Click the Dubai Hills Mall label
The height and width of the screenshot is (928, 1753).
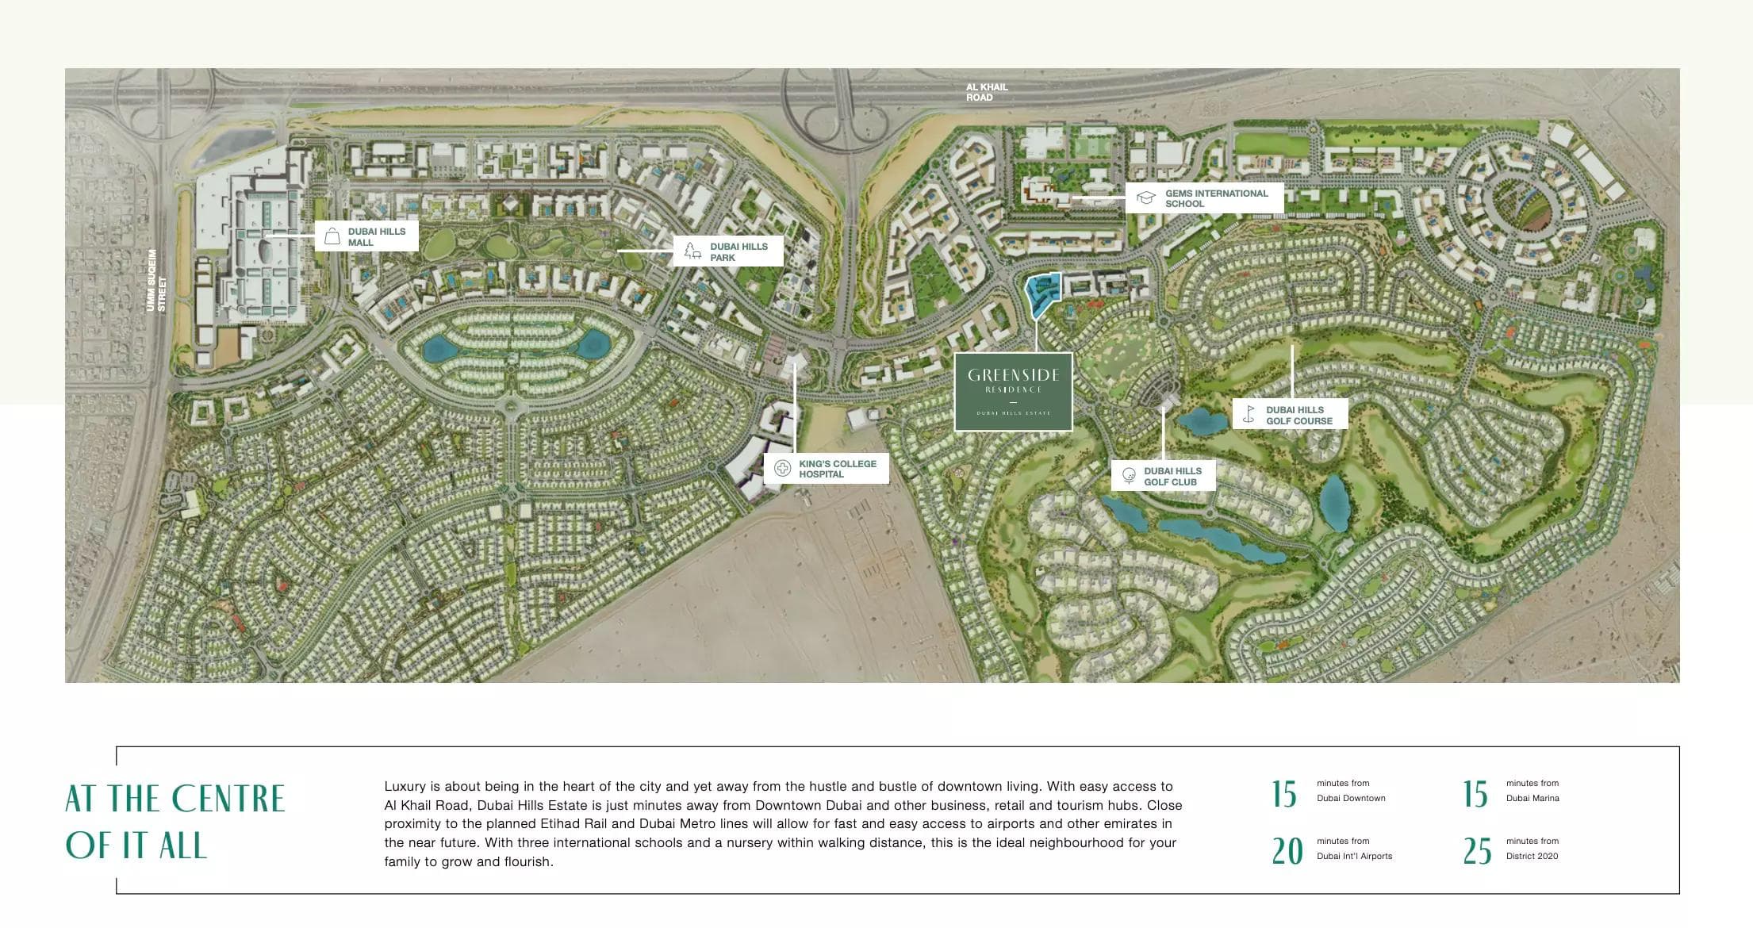tap(376, 237)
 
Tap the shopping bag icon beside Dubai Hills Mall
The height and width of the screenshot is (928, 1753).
tap(332, 237)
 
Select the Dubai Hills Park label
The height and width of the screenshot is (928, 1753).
tap(738, 252)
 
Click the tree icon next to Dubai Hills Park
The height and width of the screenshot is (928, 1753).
tap(692, 251)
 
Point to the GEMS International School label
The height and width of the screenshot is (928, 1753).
tap(1216, 198)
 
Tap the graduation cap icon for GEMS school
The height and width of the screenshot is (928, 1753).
tap(1145, 197)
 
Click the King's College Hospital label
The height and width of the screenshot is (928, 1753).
tap(837, 469)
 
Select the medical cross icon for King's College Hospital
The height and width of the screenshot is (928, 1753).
tap(783, 468)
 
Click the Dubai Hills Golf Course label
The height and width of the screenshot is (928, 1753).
tap(1298, 416)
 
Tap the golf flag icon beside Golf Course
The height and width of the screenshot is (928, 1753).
tap(1249, 414)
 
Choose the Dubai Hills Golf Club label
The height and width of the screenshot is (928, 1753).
tap(1172, 476)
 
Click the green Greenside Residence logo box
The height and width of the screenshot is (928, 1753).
tap(1013, 392)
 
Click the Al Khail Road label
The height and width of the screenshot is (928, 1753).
tap(986, 92)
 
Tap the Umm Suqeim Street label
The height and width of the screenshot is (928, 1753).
tap(156, 281)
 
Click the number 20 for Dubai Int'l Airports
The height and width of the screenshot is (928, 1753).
tap(1287, 851)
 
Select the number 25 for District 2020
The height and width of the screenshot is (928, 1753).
tap(1477, 851)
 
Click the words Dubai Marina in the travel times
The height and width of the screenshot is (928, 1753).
tap(1532, 798)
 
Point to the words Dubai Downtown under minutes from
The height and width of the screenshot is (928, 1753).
tap(1351, 798)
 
